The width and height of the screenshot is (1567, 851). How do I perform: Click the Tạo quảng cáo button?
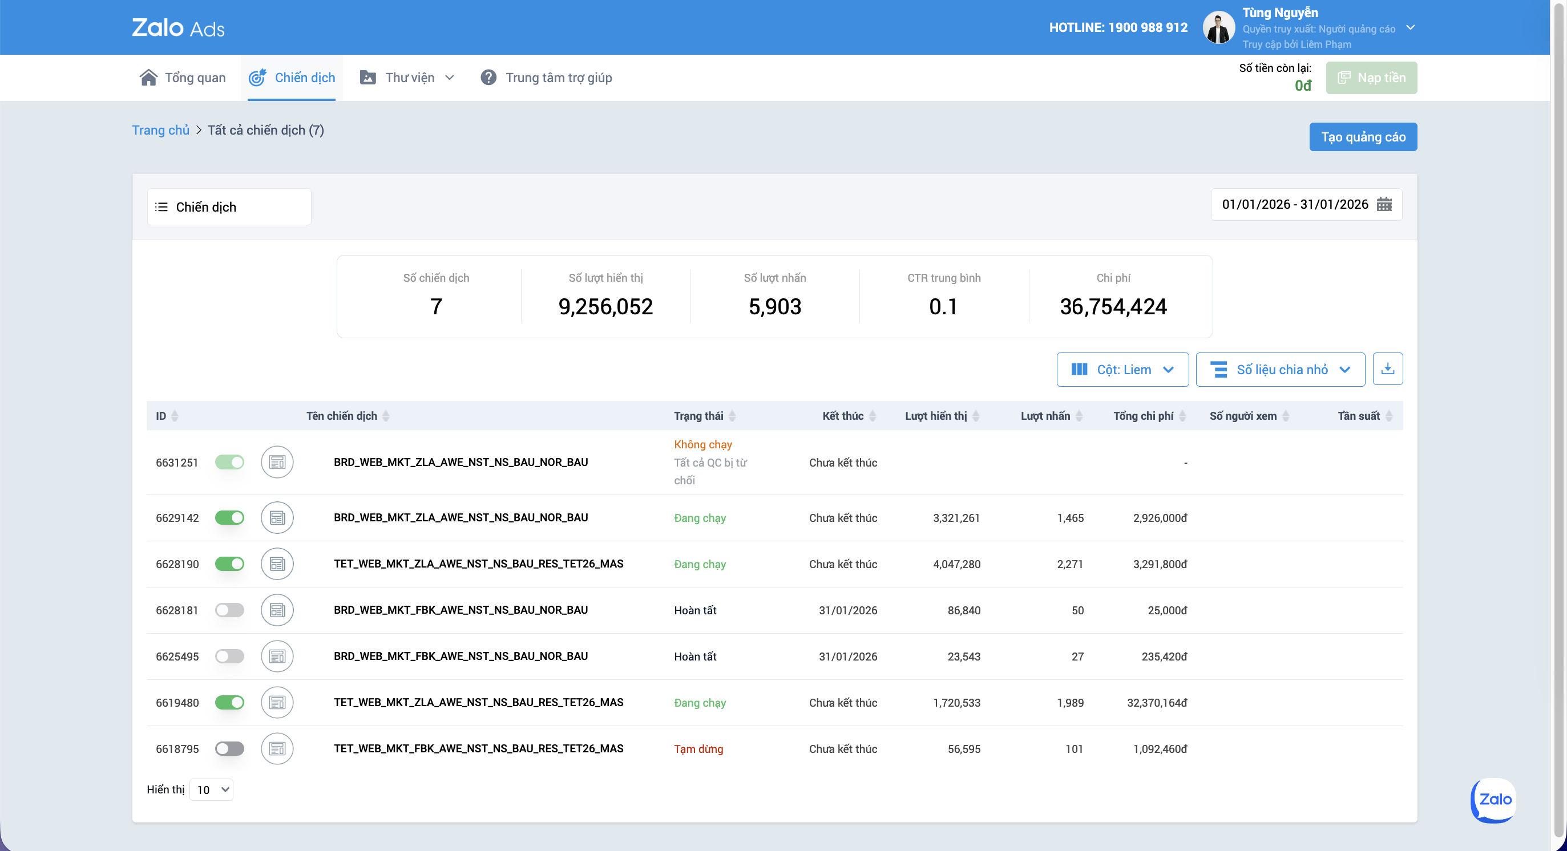1363,137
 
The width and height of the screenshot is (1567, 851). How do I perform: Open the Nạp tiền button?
1371,78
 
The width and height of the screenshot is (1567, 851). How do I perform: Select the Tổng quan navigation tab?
183,78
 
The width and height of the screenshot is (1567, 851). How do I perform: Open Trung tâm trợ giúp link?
546,78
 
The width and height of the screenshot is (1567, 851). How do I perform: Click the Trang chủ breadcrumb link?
160,130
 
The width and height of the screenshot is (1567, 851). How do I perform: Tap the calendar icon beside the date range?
1384,204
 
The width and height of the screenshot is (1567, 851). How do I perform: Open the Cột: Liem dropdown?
1122,370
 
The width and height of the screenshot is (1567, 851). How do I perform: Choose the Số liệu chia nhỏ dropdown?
1280,370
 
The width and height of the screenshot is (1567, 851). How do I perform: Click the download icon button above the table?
1388,369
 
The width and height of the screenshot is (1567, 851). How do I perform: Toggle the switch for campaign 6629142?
229,518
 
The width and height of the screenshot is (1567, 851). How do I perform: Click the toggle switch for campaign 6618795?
229,749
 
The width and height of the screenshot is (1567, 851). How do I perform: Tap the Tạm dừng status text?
698,749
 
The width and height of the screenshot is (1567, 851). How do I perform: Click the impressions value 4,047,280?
956,564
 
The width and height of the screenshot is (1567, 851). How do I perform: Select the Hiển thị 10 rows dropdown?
211,789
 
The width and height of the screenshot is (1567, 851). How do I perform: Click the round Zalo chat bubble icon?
1493,800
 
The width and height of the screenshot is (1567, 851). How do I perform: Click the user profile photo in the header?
1218,28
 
